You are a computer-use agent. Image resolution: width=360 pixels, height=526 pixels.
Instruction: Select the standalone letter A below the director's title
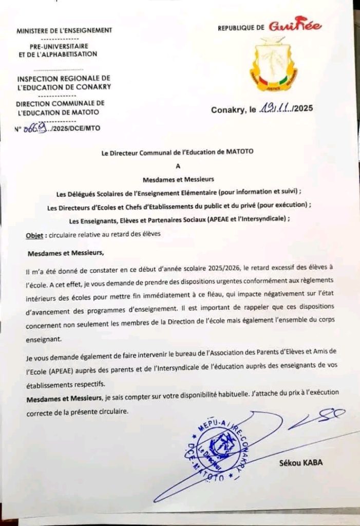179,165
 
